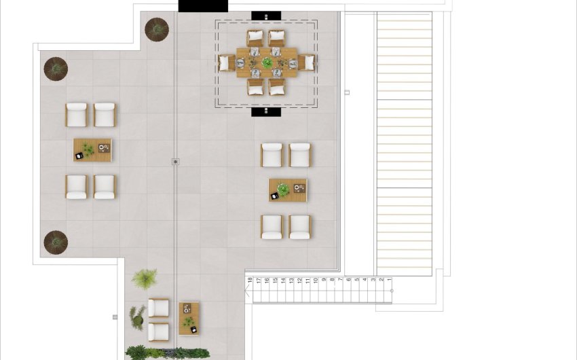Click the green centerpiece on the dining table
point(267,63)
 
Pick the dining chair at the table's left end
point(225,63)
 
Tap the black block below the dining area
point(266,111)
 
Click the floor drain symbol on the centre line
point(175,162)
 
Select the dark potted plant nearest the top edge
point(157,29)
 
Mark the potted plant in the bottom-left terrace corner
point(56,242)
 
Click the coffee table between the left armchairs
point(92,150)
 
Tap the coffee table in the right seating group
point(287,190)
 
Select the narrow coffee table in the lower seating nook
point(189,318)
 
